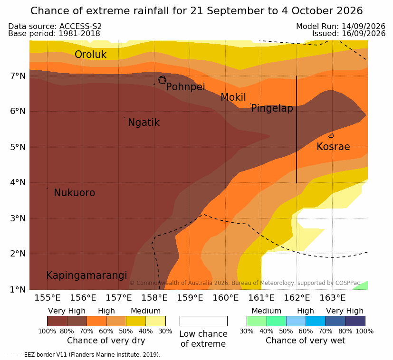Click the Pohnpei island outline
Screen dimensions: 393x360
click(x=159, y=80)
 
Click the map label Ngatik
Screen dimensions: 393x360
click(x=144, y=123)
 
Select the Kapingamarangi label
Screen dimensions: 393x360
click(x=86, y=275)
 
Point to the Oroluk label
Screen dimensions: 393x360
click(x=90, y=54)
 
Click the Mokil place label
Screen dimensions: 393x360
click(x=233, y=97)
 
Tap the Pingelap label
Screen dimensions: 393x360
click(x=272, y=108)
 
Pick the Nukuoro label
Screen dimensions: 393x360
click(x=75, y=193)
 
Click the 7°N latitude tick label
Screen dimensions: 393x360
click(x=18, y=76)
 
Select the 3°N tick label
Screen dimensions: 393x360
click(x=18, y=218)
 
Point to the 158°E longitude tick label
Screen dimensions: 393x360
click(x=154, y=298)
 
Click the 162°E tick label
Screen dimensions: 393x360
click(x=297, y=298)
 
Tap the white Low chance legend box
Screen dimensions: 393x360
click(x=203, y=321)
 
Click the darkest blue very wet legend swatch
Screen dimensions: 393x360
click(x=355, y=321)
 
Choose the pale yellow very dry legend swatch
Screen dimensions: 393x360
click(x=156, y=321)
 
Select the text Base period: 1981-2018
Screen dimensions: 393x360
click(x=54, y=34)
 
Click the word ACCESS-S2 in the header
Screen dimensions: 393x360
click(x=80, y=26)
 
